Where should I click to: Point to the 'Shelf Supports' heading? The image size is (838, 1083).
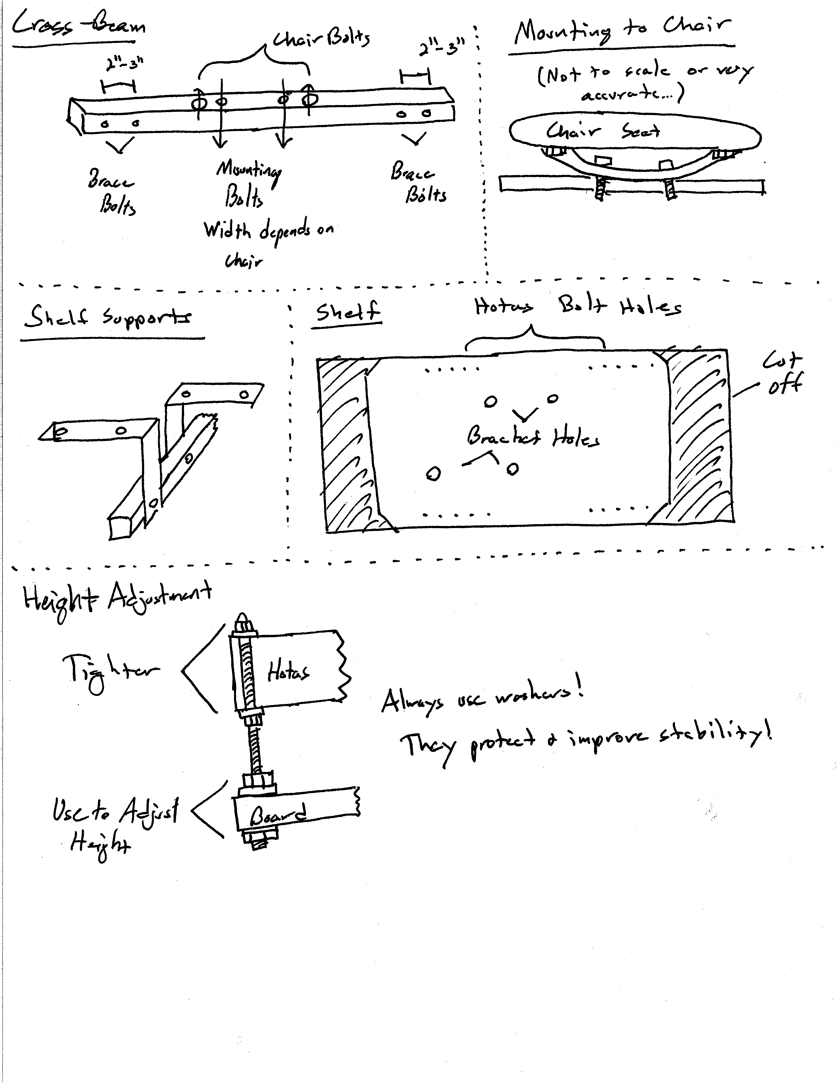click(x=108, y=317)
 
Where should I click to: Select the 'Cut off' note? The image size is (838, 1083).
click(x=782, y=372)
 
